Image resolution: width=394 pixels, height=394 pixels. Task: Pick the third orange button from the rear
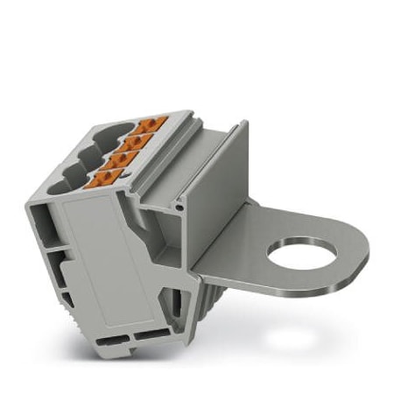[124, 158]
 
